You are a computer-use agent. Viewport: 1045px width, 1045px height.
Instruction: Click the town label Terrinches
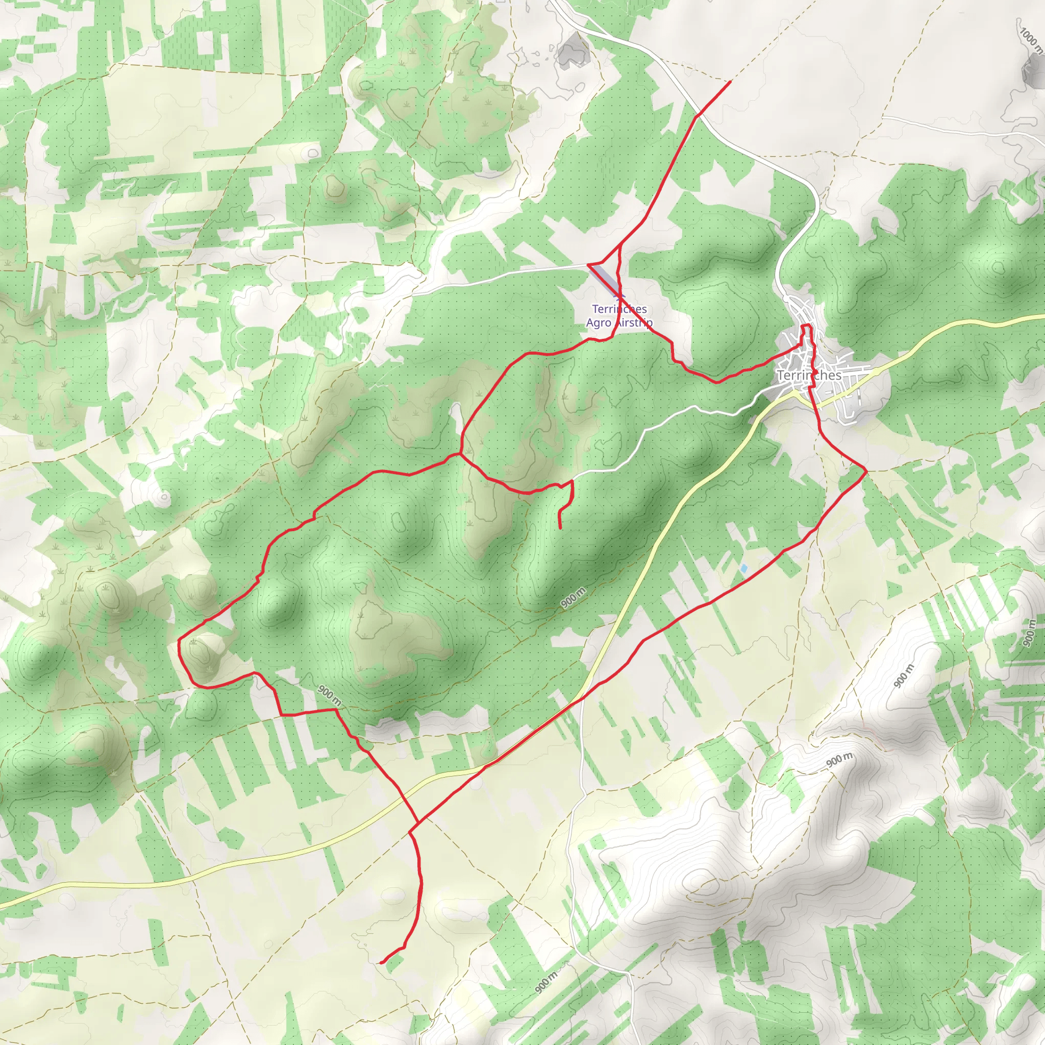click(x=809, y=375)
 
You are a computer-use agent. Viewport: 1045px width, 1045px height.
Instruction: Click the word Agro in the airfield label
click(x=598, y=322)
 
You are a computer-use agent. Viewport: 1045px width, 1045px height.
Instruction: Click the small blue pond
click(x=744, y=568)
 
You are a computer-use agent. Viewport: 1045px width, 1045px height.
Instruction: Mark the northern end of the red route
click(x=730, y=82)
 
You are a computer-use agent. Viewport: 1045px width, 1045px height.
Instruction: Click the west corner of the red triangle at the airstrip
click(x=588, y=264)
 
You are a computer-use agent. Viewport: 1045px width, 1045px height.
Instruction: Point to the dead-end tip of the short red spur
click(x=560, y=528)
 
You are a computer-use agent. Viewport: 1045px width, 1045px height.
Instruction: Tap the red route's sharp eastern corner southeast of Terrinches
click(x=866, y=471)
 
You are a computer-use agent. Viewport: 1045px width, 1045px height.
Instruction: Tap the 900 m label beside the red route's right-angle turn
click(x=330, y=695)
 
